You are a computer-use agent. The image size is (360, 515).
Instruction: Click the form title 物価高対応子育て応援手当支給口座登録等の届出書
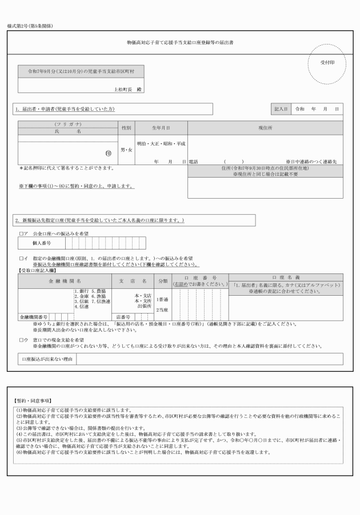tap(180, 43)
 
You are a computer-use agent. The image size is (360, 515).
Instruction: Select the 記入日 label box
tap(281, 108)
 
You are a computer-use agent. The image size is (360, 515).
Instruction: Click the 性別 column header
tap(126, 128)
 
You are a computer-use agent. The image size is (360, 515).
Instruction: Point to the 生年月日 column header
tap(161, 128)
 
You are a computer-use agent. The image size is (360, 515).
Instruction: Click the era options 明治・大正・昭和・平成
tap(161, 143)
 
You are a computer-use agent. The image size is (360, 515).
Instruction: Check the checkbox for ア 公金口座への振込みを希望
tap(21, 234)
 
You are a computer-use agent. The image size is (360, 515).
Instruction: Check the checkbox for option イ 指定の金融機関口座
tap(21, 259)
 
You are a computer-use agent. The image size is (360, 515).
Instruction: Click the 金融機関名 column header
tap(64, 281)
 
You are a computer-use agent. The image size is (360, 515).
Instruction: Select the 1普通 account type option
tap(163, 299)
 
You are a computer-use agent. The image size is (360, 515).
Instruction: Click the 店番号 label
tap(123, 317)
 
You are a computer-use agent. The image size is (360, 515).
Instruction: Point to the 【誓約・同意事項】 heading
tap(32, 401)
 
